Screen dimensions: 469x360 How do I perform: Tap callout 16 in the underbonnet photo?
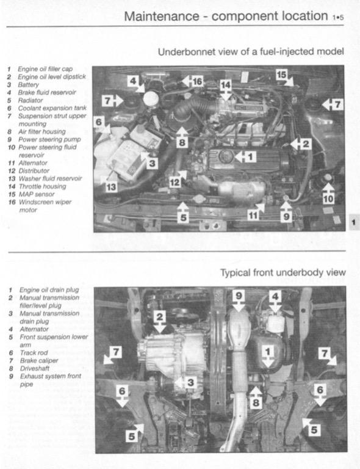pyautogui.click(x=196, y=81)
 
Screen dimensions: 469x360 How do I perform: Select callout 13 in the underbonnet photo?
pyautogui.click(x=110, y=187)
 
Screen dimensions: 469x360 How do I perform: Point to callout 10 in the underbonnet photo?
pyautogui.click(x=328, y=198)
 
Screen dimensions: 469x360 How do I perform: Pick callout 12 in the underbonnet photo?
pyautogui.click(x=175, y=181)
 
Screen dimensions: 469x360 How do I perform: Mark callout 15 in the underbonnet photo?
pyautogui.click(x=281, y=75)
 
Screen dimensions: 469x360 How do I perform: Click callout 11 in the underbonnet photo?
pyautogui.click(x=253, y=214)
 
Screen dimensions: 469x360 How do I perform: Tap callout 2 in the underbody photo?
pyautogui.click(x=159, y=316)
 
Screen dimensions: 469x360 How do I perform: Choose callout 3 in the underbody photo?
pyautogui.click(x=190, y=383)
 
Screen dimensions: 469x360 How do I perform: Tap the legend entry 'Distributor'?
pyautogui.click(x=37, y=170)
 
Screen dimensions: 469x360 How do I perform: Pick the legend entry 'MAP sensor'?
pyautogui.click(x=37, y=194)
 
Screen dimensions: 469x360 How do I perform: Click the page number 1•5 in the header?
pyautogui.click(x=338, y=18)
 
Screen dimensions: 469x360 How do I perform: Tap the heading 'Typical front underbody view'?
pyautogui.click(x=283, y=272)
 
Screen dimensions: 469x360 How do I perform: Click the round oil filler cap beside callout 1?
pyautogui.click(x=226, y=156)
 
